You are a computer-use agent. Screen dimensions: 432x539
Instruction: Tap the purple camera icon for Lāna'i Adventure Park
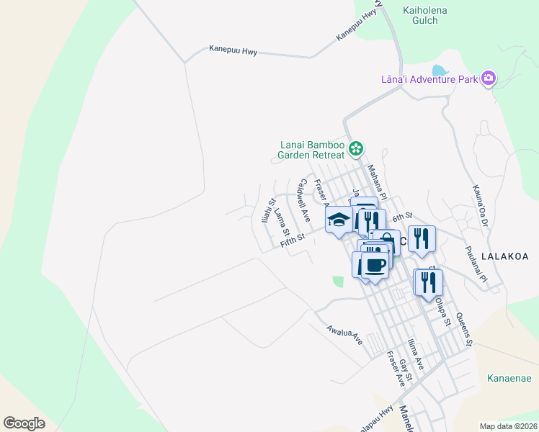pos(489,78)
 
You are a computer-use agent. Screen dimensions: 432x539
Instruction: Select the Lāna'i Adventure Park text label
pos(429,79)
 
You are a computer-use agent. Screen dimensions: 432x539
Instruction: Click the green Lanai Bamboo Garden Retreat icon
pos(355,149)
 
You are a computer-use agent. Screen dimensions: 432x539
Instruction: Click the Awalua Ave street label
pos(344,334)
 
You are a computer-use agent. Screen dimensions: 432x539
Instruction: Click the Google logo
pos(24,423)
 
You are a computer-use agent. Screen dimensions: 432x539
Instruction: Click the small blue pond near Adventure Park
pos(439,71)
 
